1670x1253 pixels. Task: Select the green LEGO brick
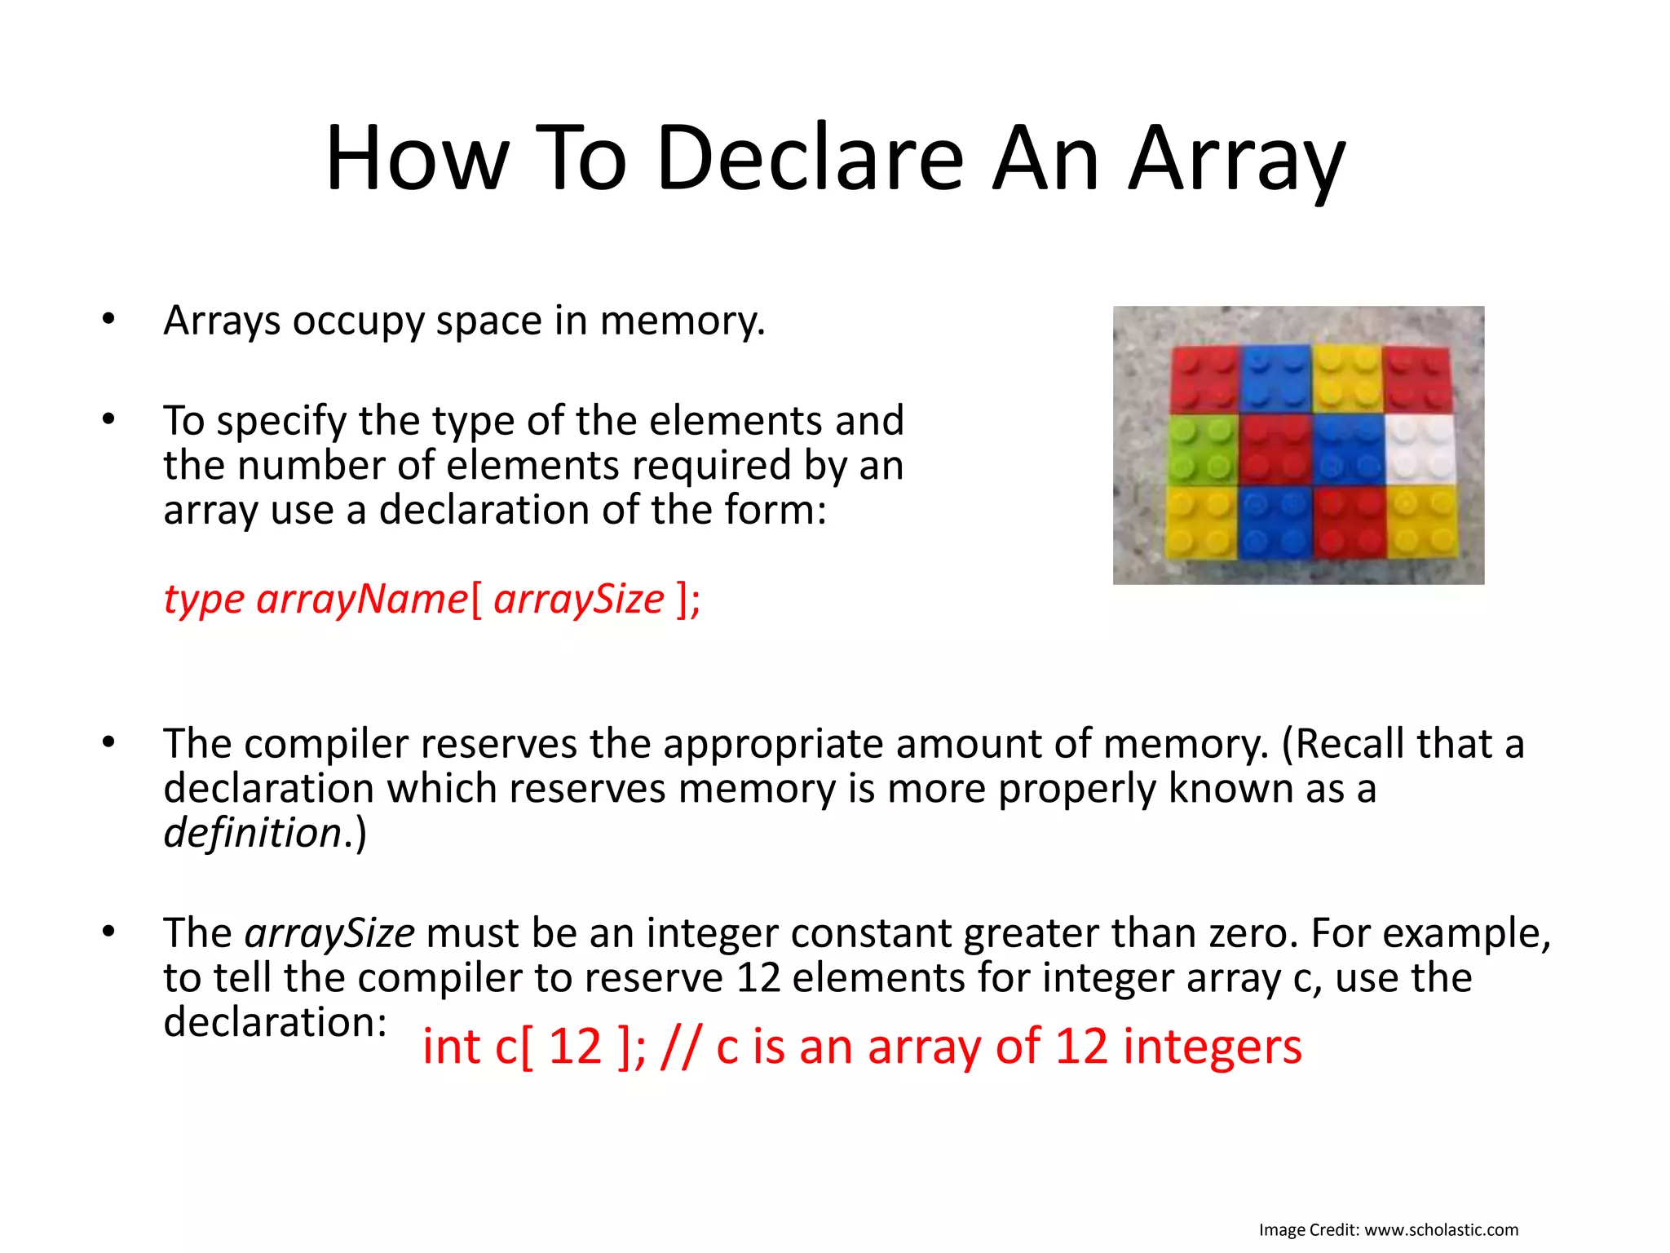(x=1202, y=449)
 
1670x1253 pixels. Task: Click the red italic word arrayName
(x=362, y=600)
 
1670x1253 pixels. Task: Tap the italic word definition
(x=252, y=834)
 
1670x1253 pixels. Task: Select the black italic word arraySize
(x=329, y=933)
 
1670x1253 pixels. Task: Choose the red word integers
(x=1212, y=1047)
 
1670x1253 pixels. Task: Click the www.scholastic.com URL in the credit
(x=1441, y=1229)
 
